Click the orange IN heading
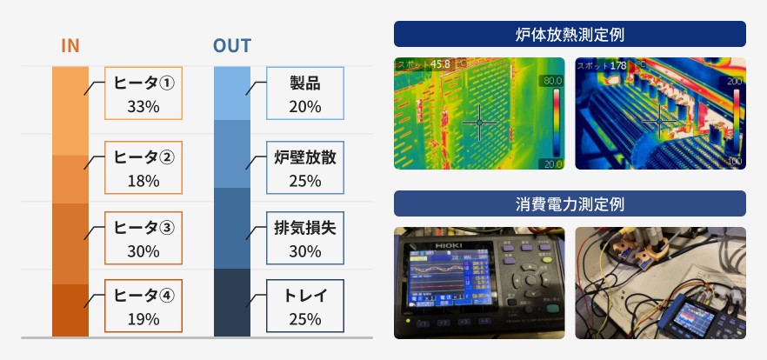coord(70,45)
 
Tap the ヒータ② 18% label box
coord(143,168)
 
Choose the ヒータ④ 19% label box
coord(143,306)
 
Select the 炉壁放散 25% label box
coord(305,168)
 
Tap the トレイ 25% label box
coord(305,306)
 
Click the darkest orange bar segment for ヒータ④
coord(70,310)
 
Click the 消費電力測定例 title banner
coord(570,203)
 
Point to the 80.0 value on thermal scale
coord(552,81)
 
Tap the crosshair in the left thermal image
coord(477,123)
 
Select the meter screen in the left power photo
coord(443,278)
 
